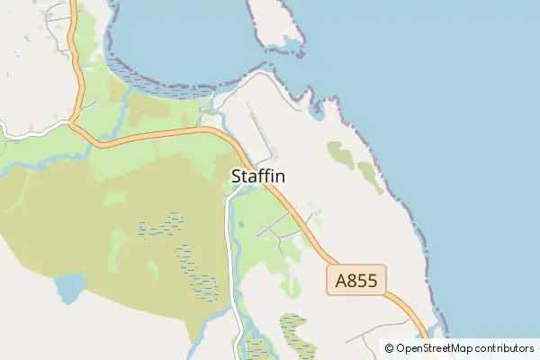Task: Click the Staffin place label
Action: (x=258, y=176)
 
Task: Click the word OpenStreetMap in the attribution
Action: (x=435, y=348)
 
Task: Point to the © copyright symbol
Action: (x=390, y=348)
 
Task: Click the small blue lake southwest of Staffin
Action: (x=68, y=289)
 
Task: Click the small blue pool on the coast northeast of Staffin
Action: (x=316, y=112)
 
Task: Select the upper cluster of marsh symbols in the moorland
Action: (x=162, y=223)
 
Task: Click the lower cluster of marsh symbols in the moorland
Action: (x=196, y=273)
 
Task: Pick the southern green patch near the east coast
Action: (x=371, y=176)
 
